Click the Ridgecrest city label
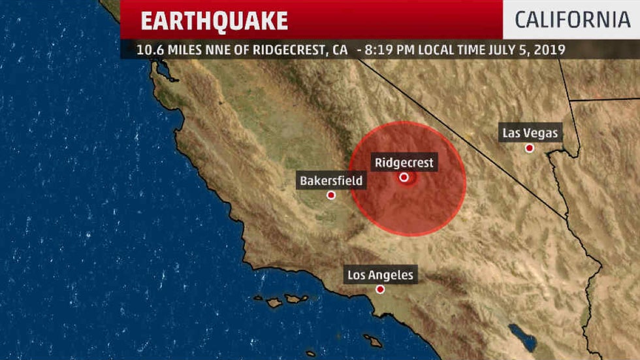coord(404,163)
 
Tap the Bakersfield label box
coord(331,180)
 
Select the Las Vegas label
coord(530,133)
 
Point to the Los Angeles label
coord(380,275)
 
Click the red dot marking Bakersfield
coord(331,195)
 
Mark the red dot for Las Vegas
coord(530,148)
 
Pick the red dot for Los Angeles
coord(380,289)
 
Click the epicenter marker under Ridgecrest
coord(404,177)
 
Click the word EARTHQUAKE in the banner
coord(214,21)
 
